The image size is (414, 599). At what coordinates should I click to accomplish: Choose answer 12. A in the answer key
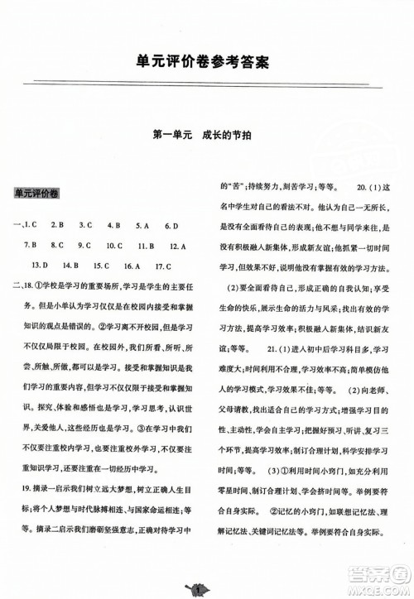click(176, 246)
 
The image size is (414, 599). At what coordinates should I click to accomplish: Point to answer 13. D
click(38, 266)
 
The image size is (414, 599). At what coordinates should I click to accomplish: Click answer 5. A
click(142, 225)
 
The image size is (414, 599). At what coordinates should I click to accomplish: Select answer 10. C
click(116, 246)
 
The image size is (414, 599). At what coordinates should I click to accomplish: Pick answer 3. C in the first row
click(85, 225)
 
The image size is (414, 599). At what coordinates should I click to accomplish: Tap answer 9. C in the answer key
click(84, 246)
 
